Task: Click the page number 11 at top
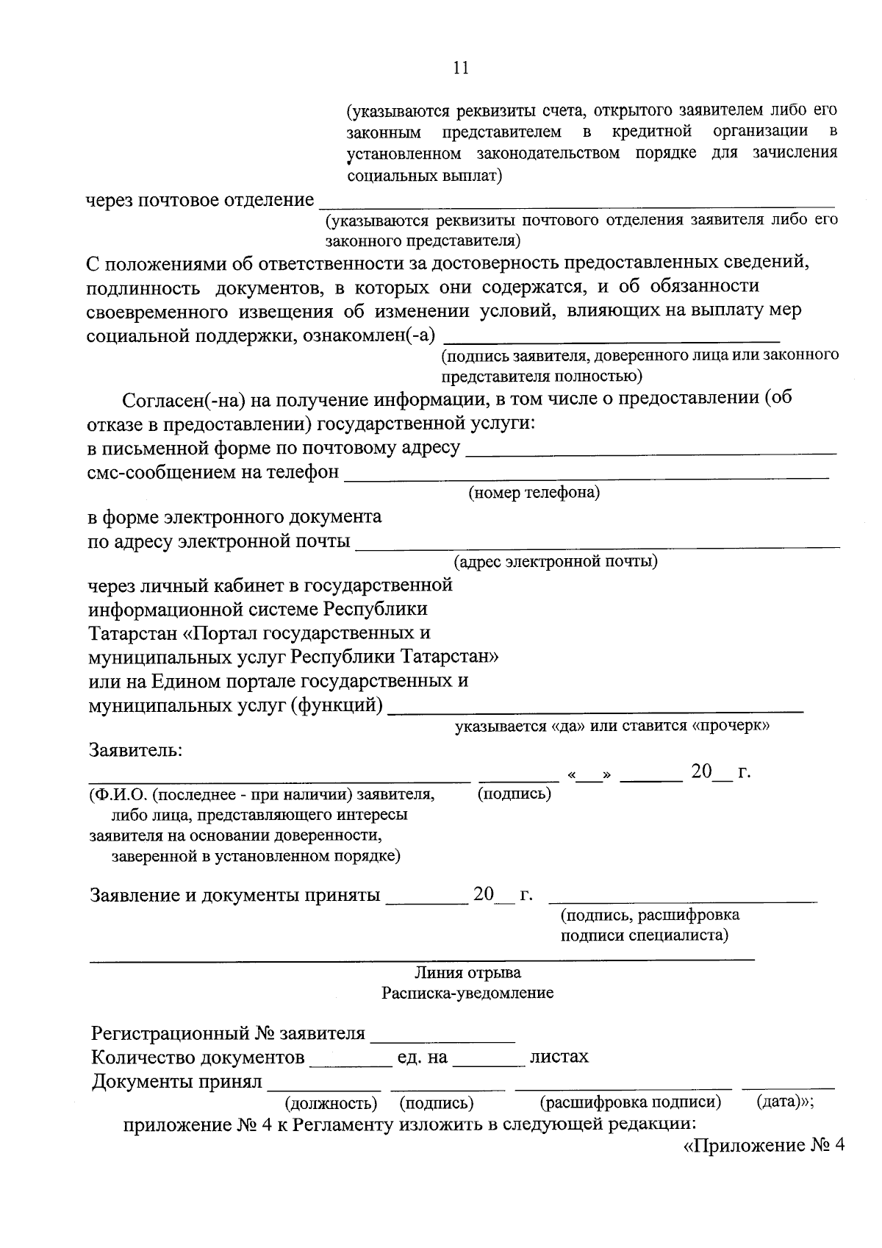[461, 68]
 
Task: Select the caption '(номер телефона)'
[534, 493]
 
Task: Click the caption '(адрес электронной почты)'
[556, 562]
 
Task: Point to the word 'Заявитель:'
[135, 751]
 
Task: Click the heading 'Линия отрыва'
[467, 972]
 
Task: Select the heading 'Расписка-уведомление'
[467, 993]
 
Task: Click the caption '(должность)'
[331, 1103]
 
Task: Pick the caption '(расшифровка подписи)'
[630, 1102]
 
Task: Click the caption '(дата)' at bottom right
[780, 1102]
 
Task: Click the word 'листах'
[559, 1058]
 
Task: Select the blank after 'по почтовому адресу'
[651, 453]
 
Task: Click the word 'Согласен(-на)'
[182, 401]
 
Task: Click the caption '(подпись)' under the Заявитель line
[514, 794]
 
